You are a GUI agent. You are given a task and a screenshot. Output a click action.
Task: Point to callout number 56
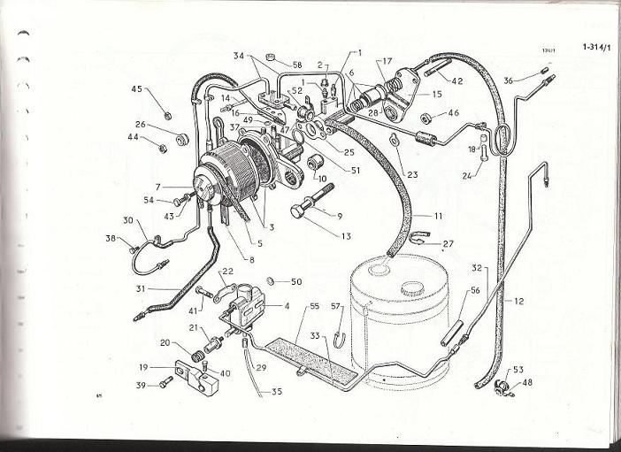click(x=474, y=291)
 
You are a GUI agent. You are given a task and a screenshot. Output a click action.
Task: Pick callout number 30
click(x=127, y=220)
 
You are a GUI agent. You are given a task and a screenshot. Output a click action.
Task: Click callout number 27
click(x=448, y=242)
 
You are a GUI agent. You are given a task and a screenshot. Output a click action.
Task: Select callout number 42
click(x=457, y=80)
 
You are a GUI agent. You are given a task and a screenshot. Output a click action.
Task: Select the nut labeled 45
click(x=167, y=114)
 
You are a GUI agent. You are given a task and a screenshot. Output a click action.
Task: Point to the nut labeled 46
click(x=426, y=118)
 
